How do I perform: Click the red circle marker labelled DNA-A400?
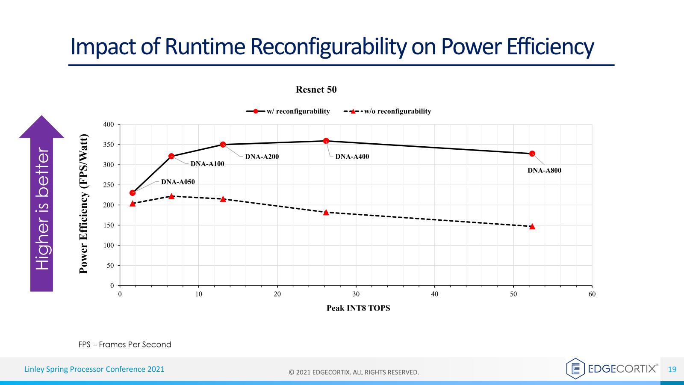[x=326, y=141]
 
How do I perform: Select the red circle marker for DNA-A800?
[x=532, y=154]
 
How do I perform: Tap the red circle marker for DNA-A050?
[x=133, y=193]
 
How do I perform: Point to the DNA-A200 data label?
[x=262, y=157]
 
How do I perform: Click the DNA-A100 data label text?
[x=207, y=164]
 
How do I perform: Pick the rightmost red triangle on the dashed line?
[x=532, y=226]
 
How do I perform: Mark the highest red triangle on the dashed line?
[x=171, y=196]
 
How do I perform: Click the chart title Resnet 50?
[x=316, y=89]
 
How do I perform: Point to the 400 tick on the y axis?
[x=109, y=124]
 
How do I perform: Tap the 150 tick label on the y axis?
[x=109, y=225]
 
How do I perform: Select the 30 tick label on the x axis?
[x=356, y=294]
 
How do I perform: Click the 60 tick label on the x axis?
[x=592, y=294]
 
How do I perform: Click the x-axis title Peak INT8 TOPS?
[x=358, y=308]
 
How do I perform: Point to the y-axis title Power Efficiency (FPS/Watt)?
[x=84, y=204]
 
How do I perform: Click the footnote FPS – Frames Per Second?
[x=125, y=344]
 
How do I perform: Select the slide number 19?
[x=672, y=369]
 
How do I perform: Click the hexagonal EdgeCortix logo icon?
[x=575, y=369]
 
